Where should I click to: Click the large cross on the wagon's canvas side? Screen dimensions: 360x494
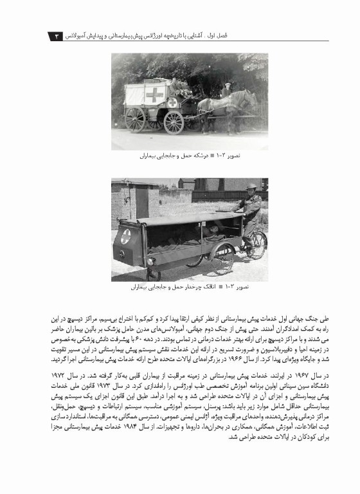pos(154,95)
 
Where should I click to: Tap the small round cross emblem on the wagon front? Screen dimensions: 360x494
pos(172,102)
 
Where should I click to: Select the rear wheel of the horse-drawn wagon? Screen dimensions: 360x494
pos(135,119)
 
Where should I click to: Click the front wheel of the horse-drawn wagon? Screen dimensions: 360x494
pos(174,121)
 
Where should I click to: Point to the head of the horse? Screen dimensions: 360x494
pos(251,98)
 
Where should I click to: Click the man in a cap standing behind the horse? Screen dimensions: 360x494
pos(226,90)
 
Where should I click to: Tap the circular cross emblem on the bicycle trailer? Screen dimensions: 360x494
pos(125,236)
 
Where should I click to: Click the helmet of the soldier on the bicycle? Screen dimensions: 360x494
pos(251,187)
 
